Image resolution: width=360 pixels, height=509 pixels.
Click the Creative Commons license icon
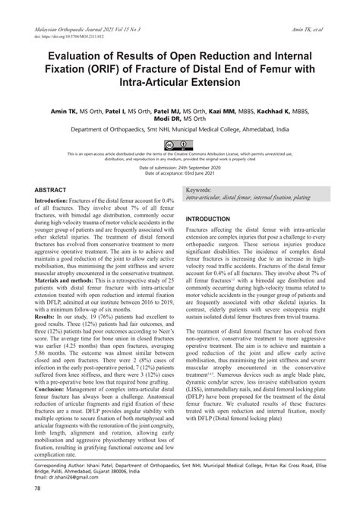pos(180,144)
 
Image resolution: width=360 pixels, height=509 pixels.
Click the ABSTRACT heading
pos(51,190)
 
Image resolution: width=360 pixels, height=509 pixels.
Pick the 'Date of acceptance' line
pos(180,174)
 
